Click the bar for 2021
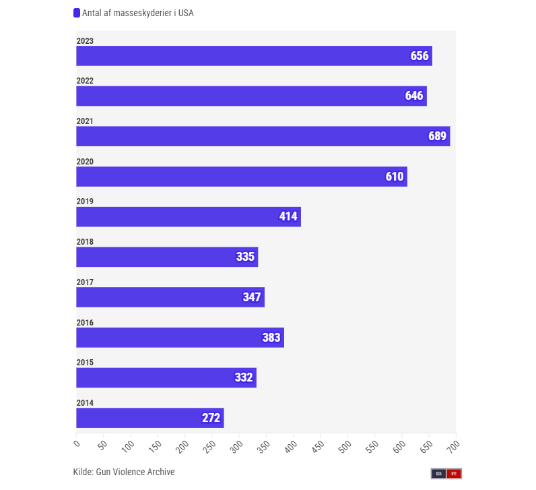(263, 136)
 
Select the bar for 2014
(149, 418)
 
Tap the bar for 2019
(188, 216)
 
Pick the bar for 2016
(180, 338)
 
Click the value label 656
(420, 56)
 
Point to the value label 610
(395, 177)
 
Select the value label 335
(245, 257)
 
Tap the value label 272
(211, 418)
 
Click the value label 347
(251, 297)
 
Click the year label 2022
(85, 81)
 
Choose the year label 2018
(85, 242)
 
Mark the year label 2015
(85, 363)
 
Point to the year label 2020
(85, 162)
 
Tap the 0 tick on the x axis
(77, 443)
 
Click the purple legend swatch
(77, 13)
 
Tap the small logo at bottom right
(446, 473)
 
